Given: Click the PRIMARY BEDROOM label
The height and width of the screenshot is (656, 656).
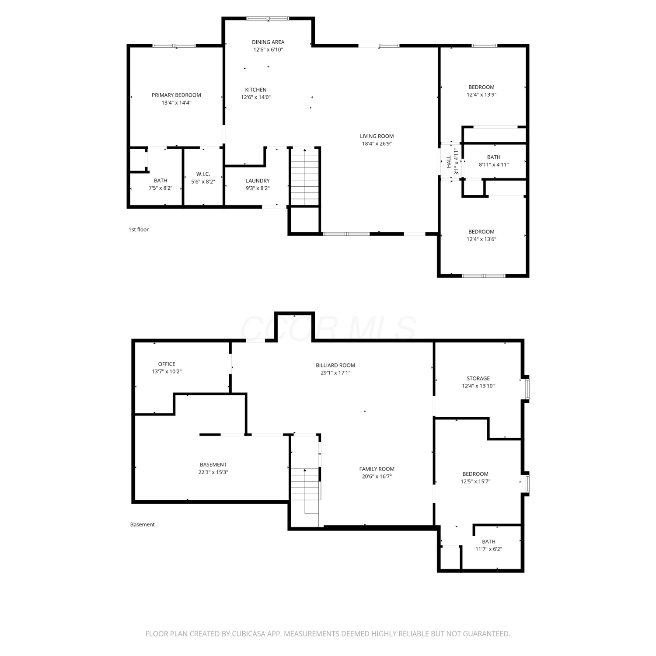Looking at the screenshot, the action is (176, 95).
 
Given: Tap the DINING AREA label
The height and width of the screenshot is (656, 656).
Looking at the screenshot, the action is (268, 42).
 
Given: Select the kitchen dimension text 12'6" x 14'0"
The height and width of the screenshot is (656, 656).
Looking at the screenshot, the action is (256, 97).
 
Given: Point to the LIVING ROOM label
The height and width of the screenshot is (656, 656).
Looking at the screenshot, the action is (377, 136).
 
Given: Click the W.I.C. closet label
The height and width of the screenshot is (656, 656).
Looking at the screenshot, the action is (203, 174).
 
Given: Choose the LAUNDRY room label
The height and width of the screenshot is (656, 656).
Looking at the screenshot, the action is (258, 181).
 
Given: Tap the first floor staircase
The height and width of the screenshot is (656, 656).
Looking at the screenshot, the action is (305, 177).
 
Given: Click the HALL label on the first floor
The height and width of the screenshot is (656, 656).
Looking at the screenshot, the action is (449, 162).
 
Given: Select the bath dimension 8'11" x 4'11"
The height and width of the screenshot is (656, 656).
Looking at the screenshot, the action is (494, 164).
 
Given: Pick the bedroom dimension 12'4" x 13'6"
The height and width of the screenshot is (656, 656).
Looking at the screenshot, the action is (482, 239).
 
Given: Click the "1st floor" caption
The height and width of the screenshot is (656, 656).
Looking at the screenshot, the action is (139, 230).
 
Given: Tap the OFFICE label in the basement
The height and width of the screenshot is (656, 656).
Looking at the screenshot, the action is (167, 364).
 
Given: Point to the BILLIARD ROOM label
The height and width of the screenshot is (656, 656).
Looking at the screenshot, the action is (335, 365).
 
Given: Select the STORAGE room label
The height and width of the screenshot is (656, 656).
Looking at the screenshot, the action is (478, 378).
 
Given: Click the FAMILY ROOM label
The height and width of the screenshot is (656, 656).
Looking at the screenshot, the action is (377, 469).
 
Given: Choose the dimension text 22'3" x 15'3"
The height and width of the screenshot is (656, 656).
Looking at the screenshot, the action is (213, 472).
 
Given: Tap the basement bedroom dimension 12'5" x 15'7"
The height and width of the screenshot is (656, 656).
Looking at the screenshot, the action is (475, 482).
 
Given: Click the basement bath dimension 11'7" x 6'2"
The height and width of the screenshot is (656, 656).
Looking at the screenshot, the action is (489, 549).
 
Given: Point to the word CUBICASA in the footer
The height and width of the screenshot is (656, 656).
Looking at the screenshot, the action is (251, 634).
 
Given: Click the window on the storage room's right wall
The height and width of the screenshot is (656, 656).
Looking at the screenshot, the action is (527, 387).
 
